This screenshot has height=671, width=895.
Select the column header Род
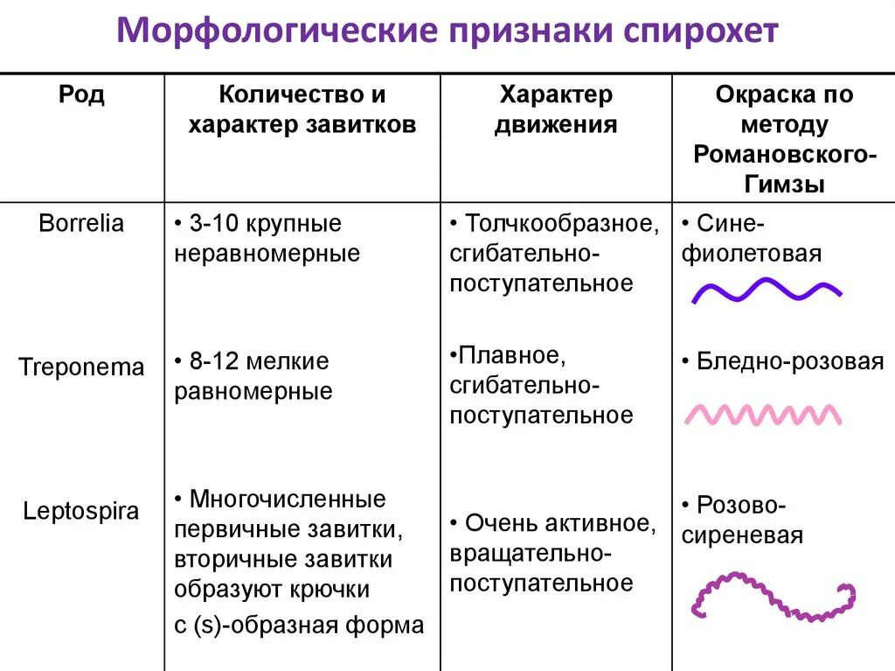pyautogui.click(x=81, y=94)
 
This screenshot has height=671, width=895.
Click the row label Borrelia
pyautogui.click(x=81, y=223)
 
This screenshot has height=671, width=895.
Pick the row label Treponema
pyautogui.click(x=81, y=367)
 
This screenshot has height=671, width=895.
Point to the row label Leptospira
pyautogui.click(x=81, y=511)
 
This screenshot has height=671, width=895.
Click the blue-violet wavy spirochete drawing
pyautogui.click(x=767, y=291)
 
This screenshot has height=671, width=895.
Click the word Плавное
pyautogui.click(x=505, y=356)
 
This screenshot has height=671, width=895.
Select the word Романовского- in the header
pyautogui.click(x=785, y=154)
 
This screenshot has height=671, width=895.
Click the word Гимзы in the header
pyautogui.click(x=785, y=184)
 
